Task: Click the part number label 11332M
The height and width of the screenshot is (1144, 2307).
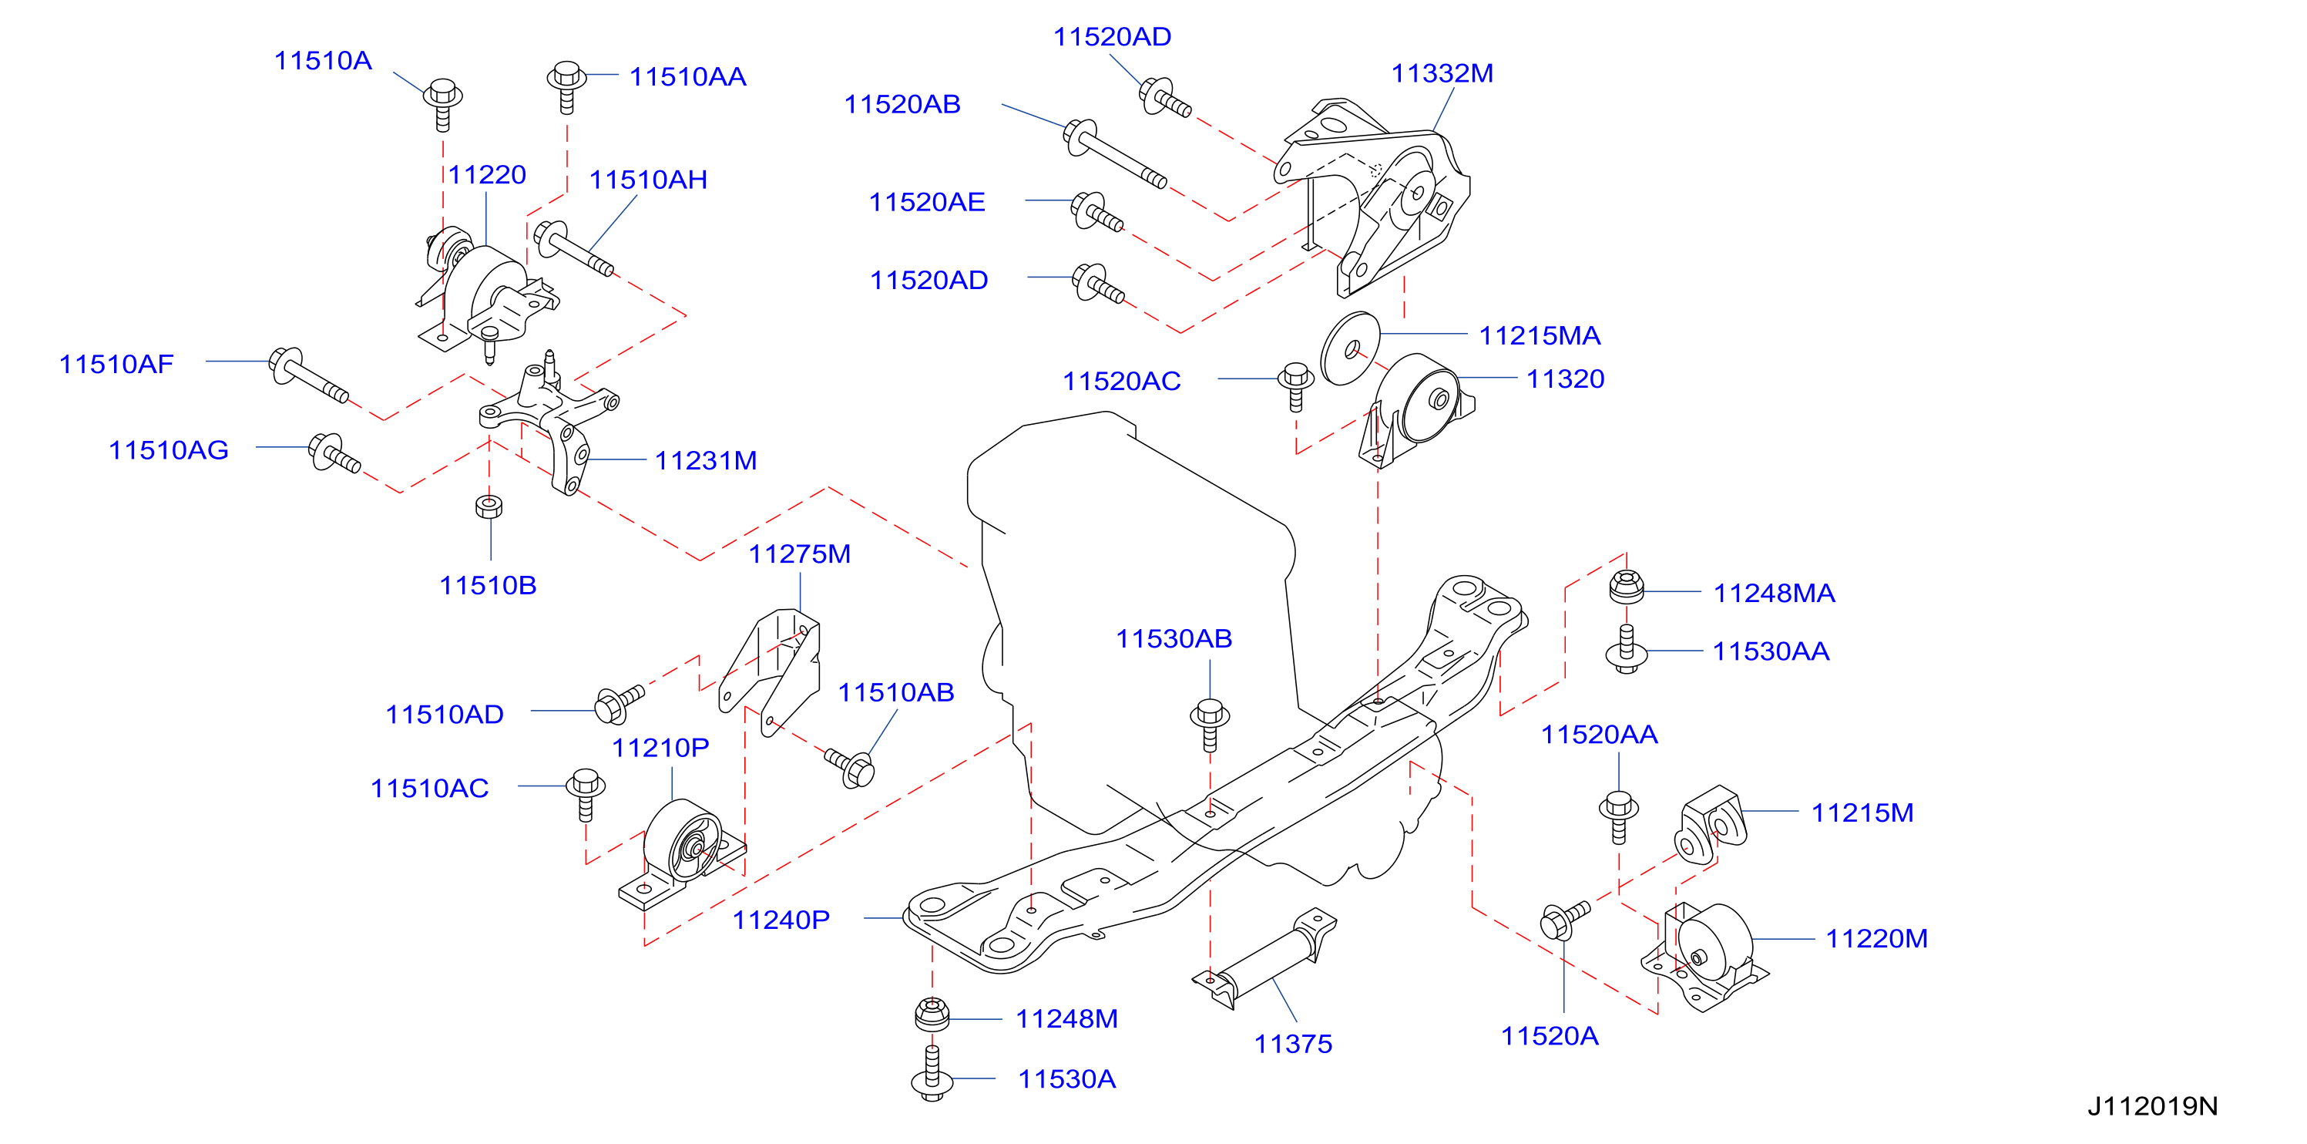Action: (x=1442, y=73)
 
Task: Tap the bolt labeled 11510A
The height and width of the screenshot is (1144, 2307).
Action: (x=442, y=104)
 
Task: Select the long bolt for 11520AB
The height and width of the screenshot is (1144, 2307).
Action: (x=1114, y=153)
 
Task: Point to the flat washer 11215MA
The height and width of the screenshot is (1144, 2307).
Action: (x=1351, y=348)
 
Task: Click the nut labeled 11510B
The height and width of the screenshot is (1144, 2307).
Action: (x=489, y=506)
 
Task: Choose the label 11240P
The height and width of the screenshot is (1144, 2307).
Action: (x=781, y=920)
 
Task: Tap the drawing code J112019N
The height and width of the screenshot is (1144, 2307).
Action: (x=2152, y=1106)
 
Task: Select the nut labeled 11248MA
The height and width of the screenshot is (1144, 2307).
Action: (x=1627, y=587)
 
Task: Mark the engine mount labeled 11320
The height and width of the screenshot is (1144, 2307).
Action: (x=1417, y=409)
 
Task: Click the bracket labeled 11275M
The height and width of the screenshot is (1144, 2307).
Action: (x=771, y=671)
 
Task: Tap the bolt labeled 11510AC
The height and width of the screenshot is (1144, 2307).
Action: (x=586, y=794)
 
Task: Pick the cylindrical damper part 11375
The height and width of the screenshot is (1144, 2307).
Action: (x=1264, y=960)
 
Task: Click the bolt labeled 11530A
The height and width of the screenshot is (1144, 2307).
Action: (x=932, y=1072)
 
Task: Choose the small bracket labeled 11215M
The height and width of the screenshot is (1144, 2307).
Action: (x=1711, y=825)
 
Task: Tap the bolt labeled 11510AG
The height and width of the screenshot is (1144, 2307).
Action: (x=334, y=453)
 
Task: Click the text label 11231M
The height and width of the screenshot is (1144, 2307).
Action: (x=706, y=460)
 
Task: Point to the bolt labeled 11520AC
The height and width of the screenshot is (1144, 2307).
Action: (x=1296, y=386)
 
